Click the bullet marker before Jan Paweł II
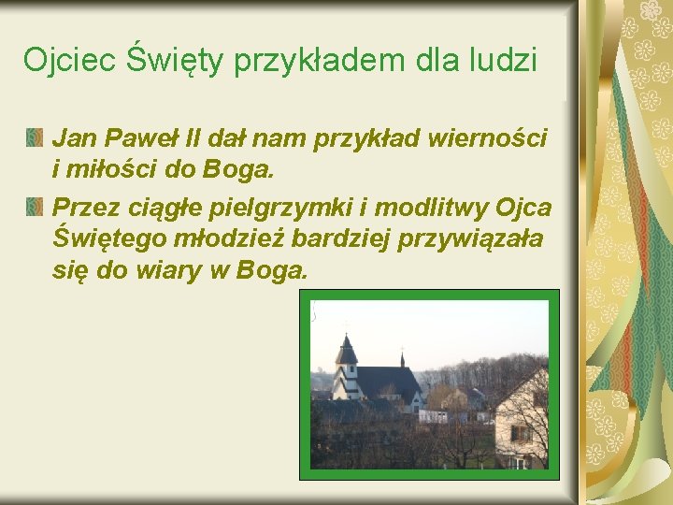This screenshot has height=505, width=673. [x=35, y=139]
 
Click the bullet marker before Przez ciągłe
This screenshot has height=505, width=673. [x=35, y=206]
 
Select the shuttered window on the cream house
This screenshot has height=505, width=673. [x=521, y=433]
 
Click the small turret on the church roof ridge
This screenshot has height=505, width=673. [x=402, y=358]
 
